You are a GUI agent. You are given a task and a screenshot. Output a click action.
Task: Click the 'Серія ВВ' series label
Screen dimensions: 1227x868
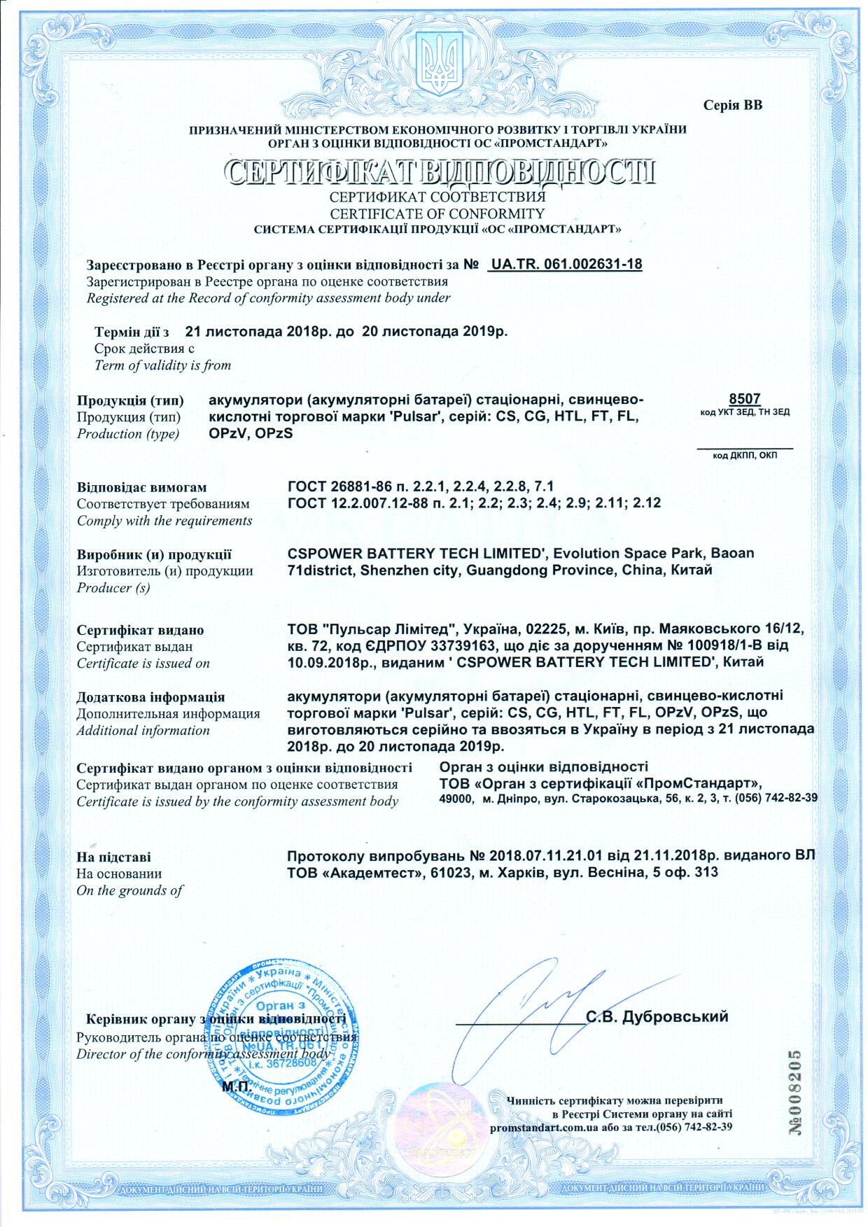click(733, 106)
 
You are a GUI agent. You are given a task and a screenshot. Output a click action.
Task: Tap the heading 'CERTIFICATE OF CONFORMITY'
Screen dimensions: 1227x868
click(437, 213)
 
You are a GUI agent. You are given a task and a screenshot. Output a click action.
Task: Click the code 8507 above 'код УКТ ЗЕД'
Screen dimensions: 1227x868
click(744, 399)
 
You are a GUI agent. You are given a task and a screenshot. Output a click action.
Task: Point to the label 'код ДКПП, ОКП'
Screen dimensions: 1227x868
click(745, 456)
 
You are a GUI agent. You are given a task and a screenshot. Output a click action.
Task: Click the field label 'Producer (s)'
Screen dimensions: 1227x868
click(114, 588)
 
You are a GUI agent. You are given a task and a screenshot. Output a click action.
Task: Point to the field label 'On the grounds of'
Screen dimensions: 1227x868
click(130, 890)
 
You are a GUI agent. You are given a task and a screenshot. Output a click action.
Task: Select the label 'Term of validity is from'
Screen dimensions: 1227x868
click(162, 365)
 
